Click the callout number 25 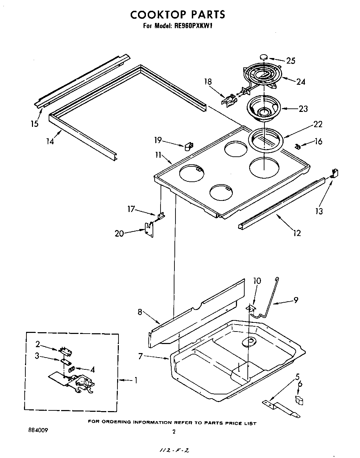pos(291,60)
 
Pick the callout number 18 pos(208,82)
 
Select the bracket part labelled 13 pos(335,173)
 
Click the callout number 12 pos(297,233)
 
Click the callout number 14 pos(51,141)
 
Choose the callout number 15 pos(34,123)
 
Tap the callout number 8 pos(140,312)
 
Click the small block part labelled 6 pos(299,400)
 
